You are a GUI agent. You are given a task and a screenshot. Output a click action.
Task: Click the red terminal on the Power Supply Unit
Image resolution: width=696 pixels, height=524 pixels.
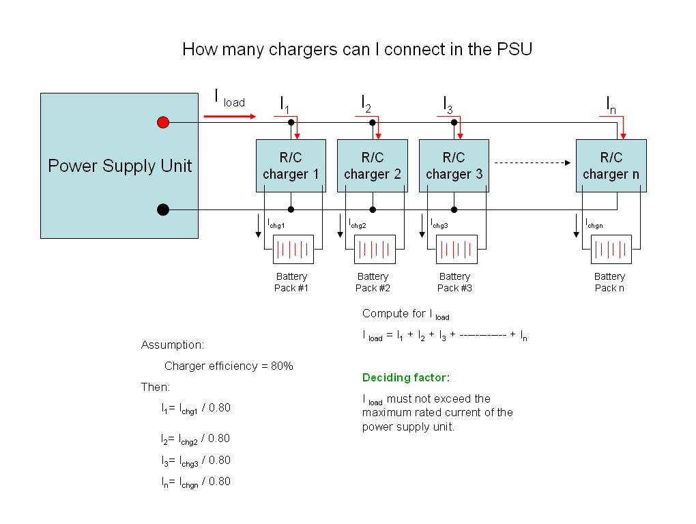162,123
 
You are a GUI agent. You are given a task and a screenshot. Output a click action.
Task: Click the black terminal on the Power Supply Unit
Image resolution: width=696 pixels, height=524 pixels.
162,209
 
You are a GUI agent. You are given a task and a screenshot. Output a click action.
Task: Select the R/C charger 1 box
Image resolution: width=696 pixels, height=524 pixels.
291,166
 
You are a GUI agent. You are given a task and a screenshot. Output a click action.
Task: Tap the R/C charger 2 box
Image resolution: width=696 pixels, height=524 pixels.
372,166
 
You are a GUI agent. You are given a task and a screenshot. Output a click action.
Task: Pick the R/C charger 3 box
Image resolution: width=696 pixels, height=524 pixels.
454,166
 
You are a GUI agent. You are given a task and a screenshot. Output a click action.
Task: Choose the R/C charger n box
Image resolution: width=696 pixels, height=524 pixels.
611,166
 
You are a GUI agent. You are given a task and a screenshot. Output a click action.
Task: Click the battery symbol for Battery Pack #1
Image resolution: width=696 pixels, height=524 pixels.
293,250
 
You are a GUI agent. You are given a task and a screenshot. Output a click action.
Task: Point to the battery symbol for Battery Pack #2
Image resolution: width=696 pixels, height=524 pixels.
375,250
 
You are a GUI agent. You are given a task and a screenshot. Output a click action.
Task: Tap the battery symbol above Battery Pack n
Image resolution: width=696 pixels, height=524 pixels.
611,250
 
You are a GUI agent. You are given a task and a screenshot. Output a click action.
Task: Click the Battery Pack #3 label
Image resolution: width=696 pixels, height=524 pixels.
454,282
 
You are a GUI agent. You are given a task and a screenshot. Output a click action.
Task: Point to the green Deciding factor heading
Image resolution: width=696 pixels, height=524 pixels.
406,377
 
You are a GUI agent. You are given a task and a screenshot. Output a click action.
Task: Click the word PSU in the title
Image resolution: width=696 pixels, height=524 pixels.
517,50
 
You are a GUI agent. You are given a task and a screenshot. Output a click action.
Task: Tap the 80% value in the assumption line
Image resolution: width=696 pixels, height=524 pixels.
282,366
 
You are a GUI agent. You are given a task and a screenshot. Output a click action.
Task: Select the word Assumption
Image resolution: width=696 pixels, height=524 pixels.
172,345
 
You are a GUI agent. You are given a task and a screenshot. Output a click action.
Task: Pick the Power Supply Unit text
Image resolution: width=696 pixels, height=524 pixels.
119,166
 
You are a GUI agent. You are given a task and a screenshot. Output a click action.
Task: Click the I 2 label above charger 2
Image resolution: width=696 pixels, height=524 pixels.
366,104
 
